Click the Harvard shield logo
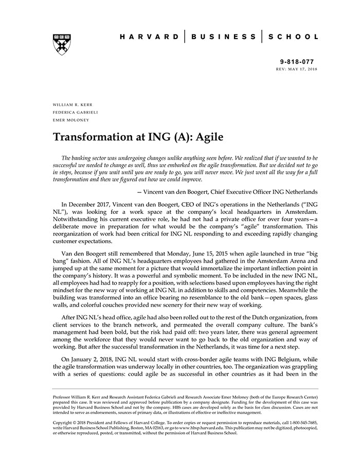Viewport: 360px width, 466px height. click(x=61, y=44)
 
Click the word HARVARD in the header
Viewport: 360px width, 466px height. click(x=149, y=37)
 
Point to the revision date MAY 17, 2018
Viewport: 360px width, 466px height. click(x=304, y=68)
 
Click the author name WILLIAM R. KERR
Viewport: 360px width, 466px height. click(x=73, y=104)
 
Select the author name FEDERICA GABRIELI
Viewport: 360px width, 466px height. click(x=75, y=112)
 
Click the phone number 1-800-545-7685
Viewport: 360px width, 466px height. click(x=301, y=422)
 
